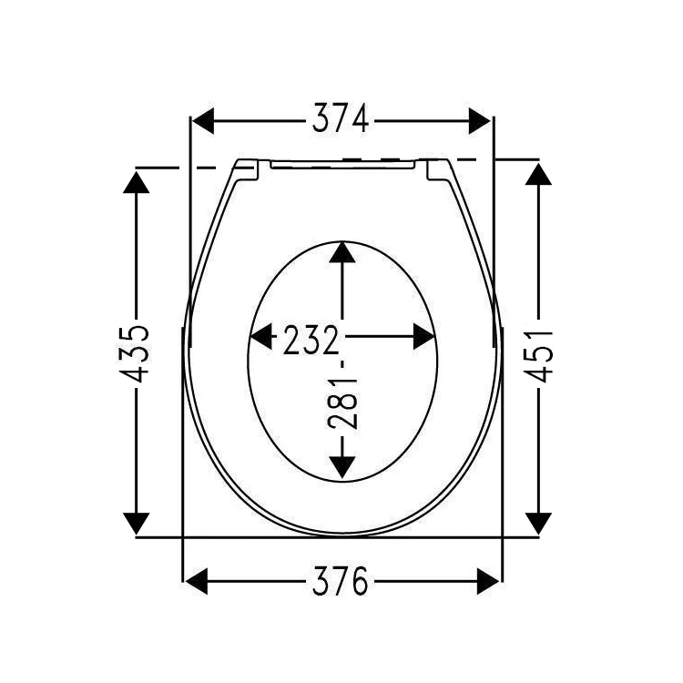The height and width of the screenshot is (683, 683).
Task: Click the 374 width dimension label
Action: pos(341,119)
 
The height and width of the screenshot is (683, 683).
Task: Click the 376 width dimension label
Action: pos(341,580)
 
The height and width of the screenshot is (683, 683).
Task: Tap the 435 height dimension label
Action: pos(137,352)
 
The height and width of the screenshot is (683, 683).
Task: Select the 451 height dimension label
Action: pos(539,357)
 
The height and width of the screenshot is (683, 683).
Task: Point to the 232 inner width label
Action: pos(311,339)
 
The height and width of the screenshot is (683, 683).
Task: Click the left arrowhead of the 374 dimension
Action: pos(201,119)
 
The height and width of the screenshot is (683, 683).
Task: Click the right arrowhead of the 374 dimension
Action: pos(480,119)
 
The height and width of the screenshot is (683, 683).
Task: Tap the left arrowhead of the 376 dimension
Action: pos(197,580)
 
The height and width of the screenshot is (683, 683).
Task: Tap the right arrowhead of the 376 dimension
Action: pos(488,580)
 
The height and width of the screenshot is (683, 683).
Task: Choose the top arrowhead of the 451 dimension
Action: pos(539,170)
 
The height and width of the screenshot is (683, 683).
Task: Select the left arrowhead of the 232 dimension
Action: pos(262,338)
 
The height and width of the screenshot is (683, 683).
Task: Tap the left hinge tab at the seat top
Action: pos(247,168)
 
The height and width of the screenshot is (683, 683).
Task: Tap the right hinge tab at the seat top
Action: pos(435,168)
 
